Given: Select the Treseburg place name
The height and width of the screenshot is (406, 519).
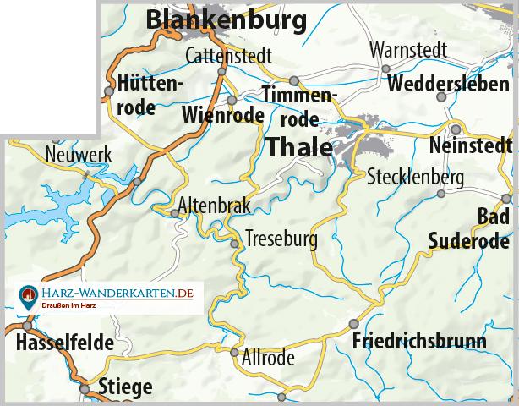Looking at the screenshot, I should [x=281, y=239].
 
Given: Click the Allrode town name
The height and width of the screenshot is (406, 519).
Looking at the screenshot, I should [x=268, y=358].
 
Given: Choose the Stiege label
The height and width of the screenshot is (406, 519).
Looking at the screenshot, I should [x=126, y=388].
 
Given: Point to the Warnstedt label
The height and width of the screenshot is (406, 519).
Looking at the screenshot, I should [x=407, y=50].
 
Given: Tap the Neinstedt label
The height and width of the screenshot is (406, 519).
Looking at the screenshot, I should [x=472, y=145].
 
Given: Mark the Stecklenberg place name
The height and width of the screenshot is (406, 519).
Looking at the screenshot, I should [x=416, y=178].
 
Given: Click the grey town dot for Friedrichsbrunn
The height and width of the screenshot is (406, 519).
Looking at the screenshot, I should [x=354, y=324].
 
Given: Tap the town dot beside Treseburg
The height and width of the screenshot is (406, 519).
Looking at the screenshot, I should [x=235, y=244].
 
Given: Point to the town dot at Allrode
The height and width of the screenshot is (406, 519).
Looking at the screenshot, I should [x=234, y=352].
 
